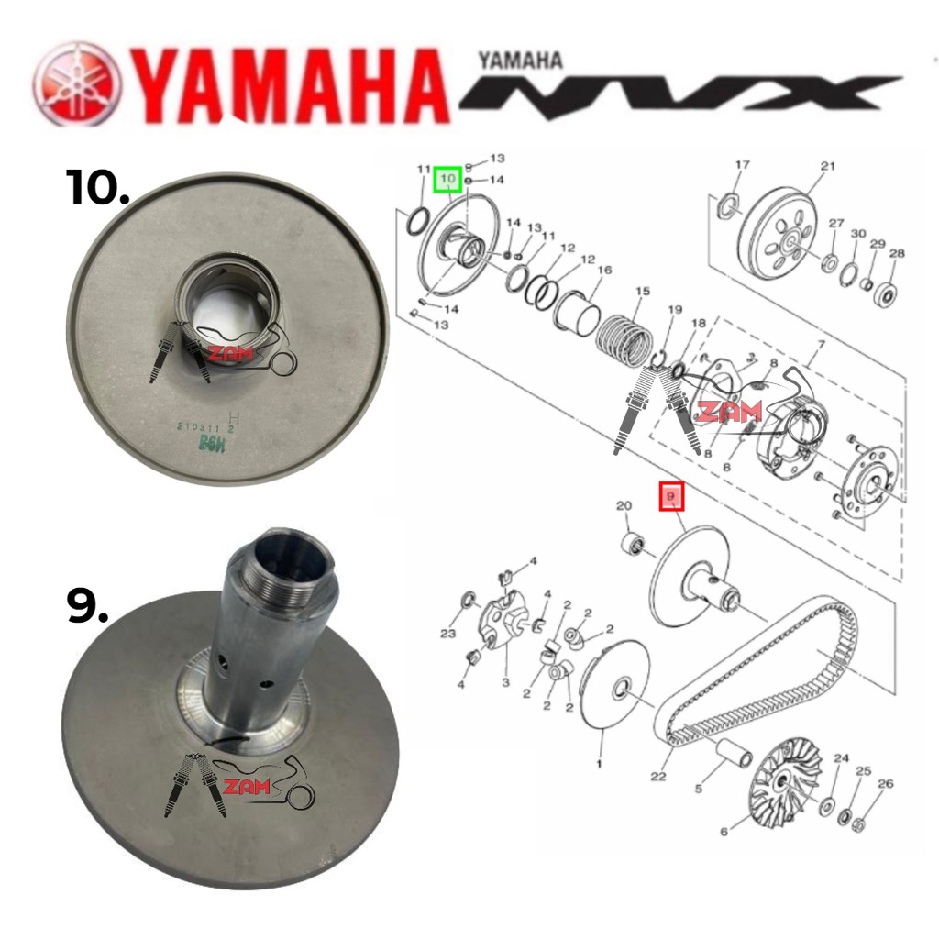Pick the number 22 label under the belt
(657, 777)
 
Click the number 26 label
(885, 784)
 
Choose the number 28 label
(897, 254)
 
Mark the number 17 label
(742, 165)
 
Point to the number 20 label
(624, 506)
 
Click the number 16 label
(604, 271)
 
